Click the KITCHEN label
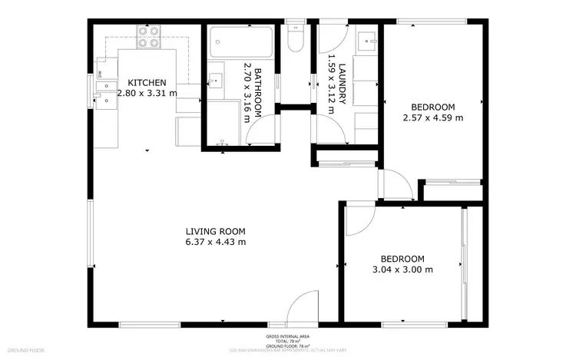click(x=147, y=82)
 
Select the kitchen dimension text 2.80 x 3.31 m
click(x=147, y=93)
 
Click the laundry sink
click(x=367, y=38)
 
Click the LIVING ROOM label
click(x=215, y=231)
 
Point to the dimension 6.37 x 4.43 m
click(x=215, y=242)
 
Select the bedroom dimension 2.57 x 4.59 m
click(x=433, y=117)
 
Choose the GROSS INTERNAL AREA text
click(x=287, y=336)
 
